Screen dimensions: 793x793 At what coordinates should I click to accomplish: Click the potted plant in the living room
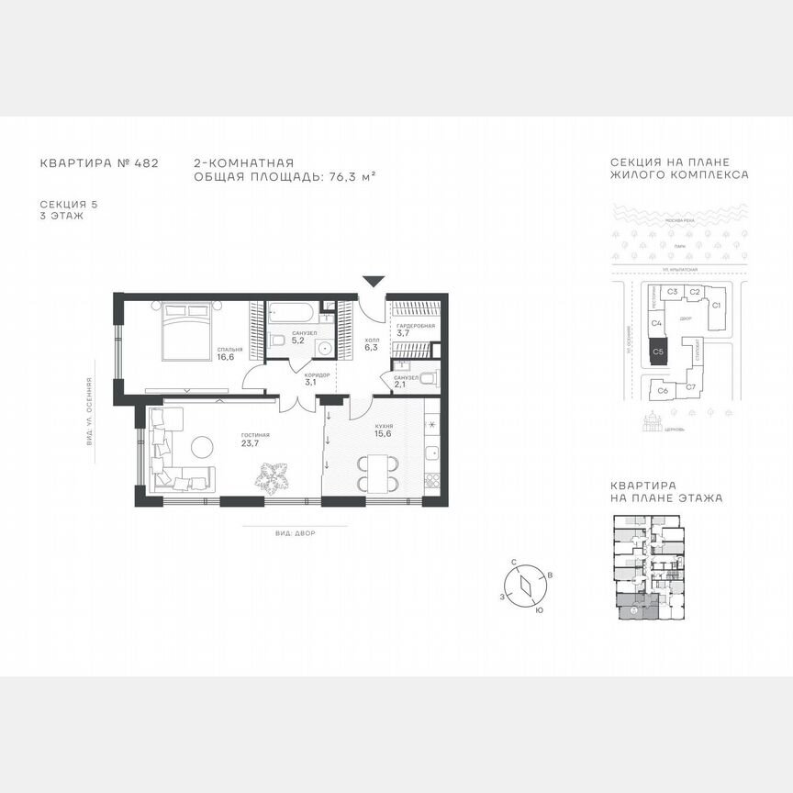tap(272, 476)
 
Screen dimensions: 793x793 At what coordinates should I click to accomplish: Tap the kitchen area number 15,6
tap(384, 436)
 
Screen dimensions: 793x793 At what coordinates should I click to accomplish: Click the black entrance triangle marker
tap(374, 281)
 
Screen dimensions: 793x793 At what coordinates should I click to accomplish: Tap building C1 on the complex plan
tap(717, 305)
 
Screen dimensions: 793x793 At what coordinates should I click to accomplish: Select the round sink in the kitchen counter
tap(430, 425)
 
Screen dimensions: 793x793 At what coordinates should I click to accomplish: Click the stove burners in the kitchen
tap(430, 479)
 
